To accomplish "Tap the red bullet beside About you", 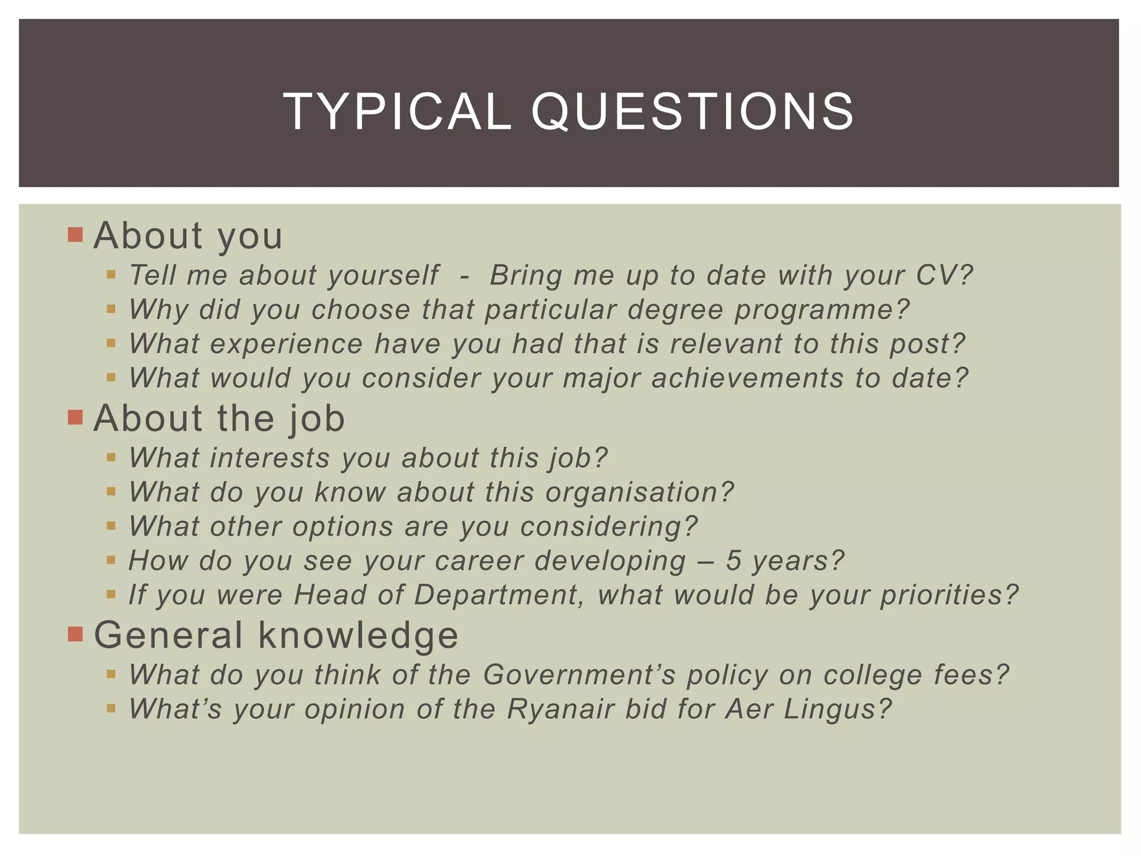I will (75, 235).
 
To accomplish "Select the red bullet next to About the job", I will (75, 417).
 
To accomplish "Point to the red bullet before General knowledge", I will (75, 634).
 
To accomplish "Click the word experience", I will (286, 344).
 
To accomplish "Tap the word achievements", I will (747, 378).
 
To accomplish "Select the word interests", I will (270, 458).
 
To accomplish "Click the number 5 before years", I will (733, 561).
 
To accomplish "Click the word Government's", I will (579, 675).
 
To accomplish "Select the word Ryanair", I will (560, 709).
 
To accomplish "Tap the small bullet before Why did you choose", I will (111, 309).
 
